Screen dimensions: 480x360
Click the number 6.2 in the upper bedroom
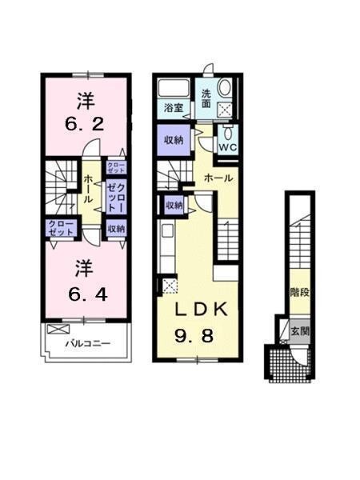[85, 126]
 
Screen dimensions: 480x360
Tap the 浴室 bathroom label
[174, 106]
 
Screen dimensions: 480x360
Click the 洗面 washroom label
[206, 97]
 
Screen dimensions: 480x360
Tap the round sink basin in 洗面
[224, 88]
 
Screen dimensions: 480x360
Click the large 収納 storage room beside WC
[174, 139]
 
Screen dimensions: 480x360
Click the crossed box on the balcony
[58, 329]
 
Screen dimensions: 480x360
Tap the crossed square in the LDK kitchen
[170, 284]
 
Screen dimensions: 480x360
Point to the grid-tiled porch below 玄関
[283, 364]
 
